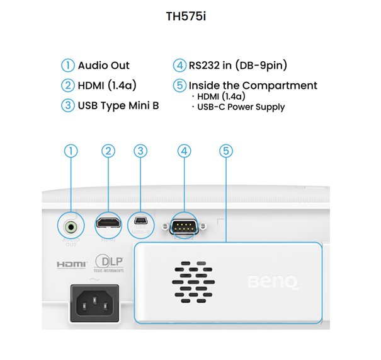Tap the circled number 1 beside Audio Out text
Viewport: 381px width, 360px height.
[x=67, y=66]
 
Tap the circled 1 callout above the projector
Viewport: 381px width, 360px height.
[x=71, y=151]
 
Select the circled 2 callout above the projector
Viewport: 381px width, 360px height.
[x=109, y=151]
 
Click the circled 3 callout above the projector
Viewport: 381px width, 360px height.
[x=141, y=151]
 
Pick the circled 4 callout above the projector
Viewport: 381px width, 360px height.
[x=184, y=151]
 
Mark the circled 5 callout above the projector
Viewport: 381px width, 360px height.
[x=226, y=151]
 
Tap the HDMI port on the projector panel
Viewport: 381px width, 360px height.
[x=109, y=223]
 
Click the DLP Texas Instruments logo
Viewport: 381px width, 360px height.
[x=109, y=263]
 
